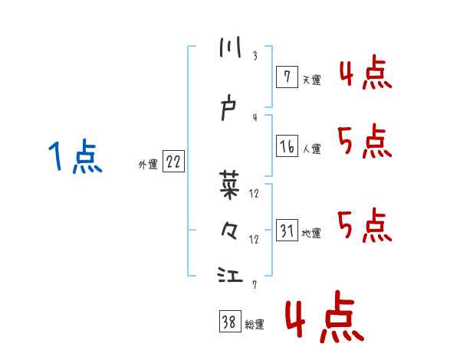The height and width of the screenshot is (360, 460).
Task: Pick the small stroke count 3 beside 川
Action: coord(255,56)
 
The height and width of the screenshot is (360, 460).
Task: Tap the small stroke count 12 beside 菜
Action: coord(255,193)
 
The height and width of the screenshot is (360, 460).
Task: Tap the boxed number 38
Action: coord(229,322)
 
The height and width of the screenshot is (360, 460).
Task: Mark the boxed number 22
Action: coord(173,162)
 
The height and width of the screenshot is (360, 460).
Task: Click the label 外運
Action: coord(148,164)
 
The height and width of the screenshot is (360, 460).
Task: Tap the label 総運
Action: coord(255,325)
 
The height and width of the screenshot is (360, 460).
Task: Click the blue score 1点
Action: coord(74,158)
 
